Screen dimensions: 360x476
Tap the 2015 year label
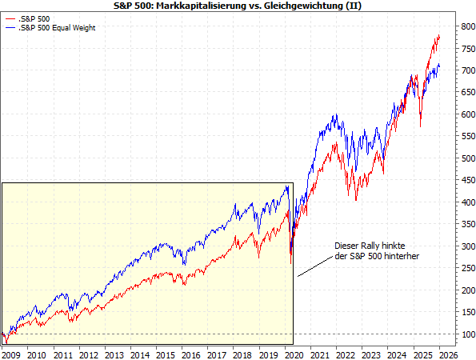pyautogui.click(x=166, y=353)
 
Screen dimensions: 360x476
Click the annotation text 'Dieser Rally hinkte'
pyautogui.click(x=374, y=246)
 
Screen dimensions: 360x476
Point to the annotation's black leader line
pyautogui.click(x=315, y=266)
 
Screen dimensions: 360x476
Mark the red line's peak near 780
pyautogui.click(x=438, y=35)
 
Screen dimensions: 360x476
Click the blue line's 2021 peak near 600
pyautogui.click(x=334, y=115)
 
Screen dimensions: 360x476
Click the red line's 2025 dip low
pyautogui.click(x=421, y=126)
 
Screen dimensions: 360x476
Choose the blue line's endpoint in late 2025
pyautogui.click(x=439, y=66)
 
